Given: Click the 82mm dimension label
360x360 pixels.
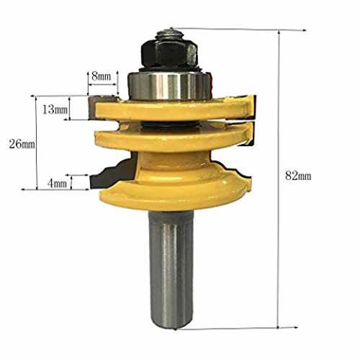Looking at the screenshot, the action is [x=298, y=176].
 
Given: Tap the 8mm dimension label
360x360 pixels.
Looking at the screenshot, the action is [x=102, y=76].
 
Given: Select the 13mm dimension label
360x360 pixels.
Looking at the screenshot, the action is [x=55, y=109].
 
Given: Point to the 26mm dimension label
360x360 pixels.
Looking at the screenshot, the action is [x=22, y=144].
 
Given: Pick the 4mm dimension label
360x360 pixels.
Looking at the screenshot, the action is [x=57, y=184].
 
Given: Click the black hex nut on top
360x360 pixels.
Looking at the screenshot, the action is [x=169, y=53].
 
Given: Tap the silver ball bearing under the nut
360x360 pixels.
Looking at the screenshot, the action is [x=169, y=85].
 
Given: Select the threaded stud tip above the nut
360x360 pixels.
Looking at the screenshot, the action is [x=170, y=33].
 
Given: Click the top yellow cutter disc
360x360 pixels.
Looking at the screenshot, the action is [x=173, y=110].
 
